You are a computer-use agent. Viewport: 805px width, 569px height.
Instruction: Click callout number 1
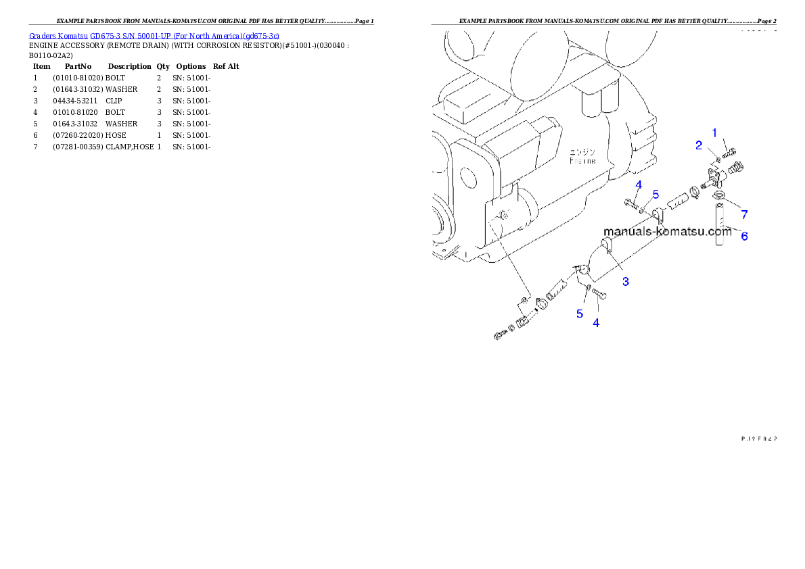click(x=714, y=132)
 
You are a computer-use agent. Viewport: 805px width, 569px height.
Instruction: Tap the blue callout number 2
click(x=699, y=145)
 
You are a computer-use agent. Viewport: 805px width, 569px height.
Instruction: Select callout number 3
click(x=626, y=281)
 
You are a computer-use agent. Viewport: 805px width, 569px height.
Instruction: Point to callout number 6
click(x=744, y=237)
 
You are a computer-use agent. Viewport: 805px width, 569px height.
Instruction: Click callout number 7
click(x=744, y=215)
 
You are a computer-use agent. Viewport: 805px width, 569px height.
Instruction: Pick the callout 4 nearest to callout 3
click(x=596, y=323)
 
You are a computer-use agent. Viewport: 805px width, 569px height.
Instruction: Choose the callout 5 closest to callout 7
click(x=655, y=194)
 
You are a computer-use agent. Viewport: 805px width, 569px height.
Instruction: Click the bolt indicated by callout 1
click(x=729, y=153)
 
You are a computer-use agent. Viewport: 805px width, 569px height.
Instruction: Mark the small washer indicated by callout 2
click(x=717, y=159)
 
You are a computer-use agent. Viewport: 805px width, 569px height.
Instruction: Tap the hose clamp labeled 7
click(x=720, y=197)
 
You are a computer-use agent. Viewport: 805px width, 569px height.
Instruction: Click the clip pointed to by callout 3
click(x=606, y=247)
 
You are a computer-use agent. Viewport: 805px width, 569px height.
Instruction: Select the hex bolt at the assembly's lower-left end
click(x=499, y=335)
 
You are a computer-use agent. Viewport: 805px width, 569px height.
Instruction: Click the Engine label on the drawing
click(x=582, y=157)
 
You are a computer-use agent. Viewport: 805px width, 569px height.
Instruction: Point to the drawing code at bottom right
click(x=758, y=438)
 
